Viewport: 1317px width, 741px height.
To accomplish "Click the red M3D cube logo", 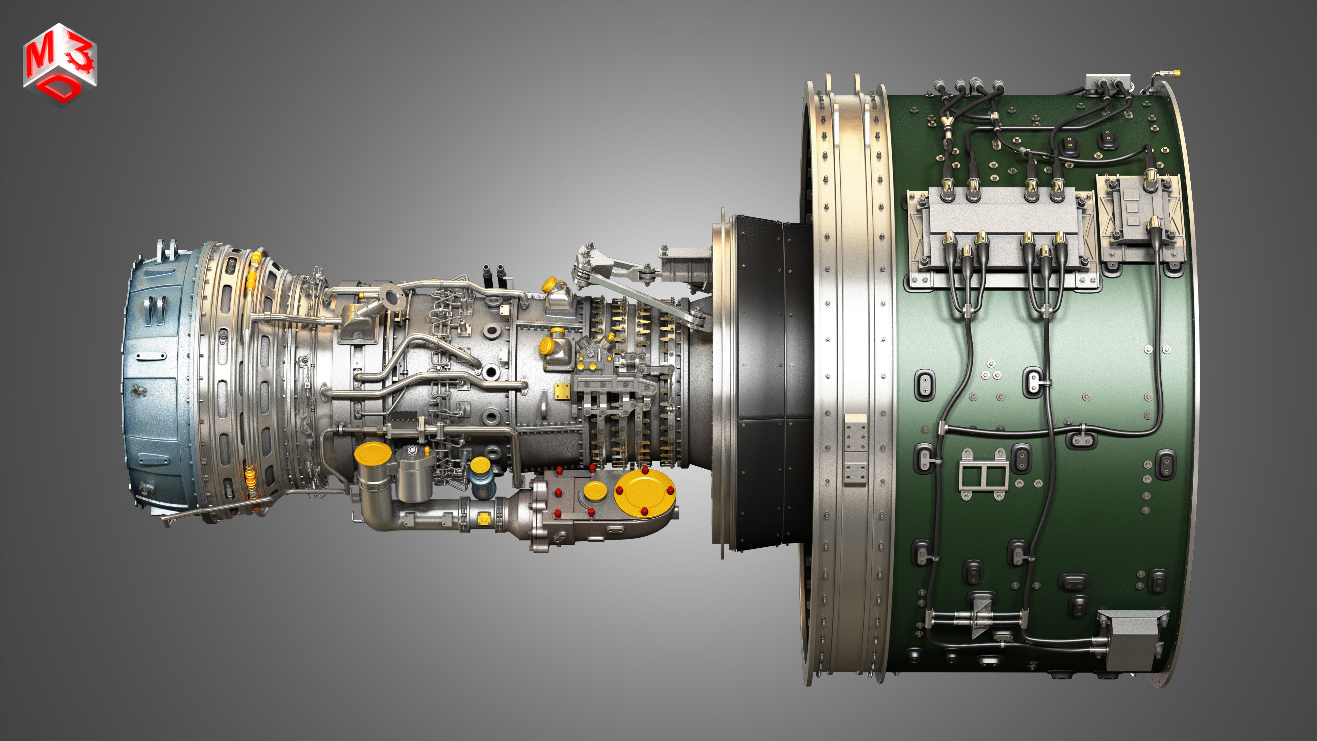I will click(x=60, y=64).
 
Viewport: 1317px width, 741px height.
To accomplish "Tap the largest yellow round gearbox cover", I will click(x=644, y=492).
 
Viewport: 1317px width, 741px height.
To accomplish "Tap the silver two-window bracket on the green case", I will click(x=983, y=474).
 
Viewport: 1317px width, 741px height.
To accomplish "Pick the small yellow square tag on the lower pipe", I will click(x=484, y=518).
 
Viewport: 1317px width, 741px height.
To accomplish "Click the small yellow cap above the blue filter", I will click(x=480, y=464).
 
